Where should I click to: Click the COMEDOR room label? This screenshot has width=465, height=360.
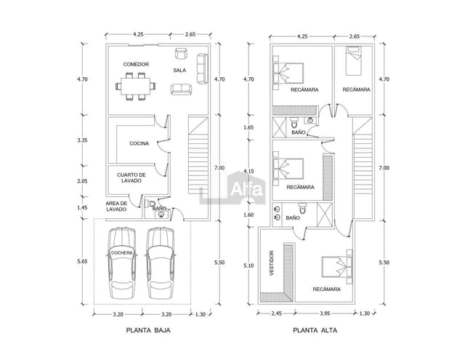pos(136,65)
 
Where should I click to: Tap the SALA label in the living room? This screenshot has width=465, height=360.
pos(179,71)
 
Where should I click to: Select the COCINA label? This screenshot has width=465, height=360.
pos(139,143)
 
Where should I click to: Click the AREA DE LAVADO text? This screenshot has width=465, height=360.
pos(116,206)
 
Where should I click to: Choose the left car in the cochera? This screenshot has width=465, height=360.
pos(122,265)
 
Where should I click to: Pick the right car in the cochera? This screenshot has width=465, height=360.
pos(161,265)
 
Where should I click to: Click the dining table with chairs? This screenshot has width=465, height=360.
pos(137,87)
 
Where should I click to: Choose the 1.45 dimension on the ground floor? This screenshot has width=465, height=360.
pos(82,207)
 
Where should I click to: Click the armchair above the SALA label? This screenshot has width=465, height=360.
pos(180,54)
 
